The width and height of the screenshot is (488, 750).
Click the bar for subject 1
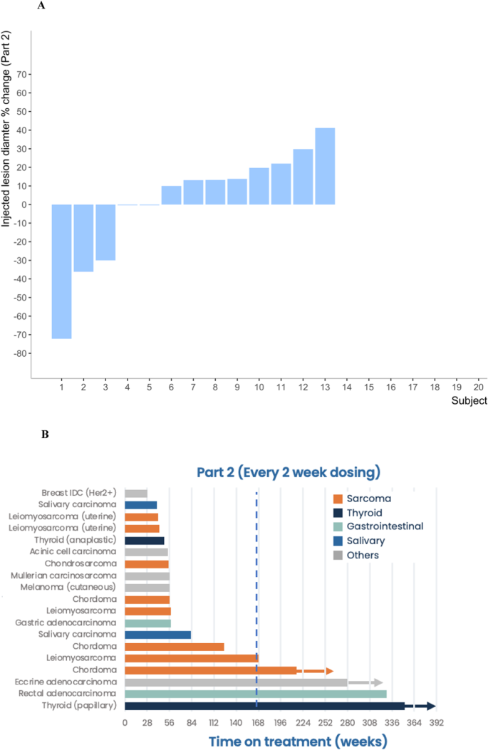click(61, 271)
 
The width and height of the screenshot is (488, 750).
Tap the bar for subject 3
click(105, 232)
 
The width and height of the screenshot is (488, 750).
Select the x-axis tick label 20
click(478, 387)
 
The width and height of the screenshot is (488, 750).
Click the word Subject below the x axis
click(468, 402)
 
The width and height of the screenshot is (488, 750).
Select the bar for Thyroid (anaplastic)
click(144, 541)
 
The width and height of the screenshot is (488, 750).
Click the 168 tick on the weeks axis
click(257, 724)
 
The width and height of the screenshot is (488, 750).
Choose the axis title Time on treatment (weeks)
click(298, 741)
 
